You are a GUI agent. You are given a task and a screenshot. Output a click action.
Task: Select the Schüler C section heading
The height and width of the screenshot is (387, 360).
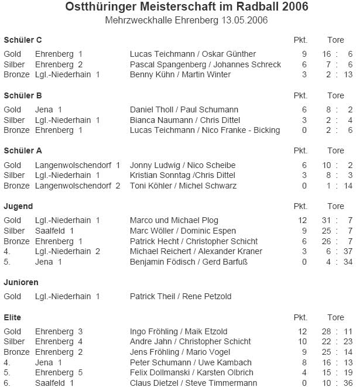[23, 40]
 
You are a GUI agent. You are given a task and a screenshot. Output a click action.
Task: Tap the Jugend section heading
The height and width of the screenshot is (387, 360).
[18, 206]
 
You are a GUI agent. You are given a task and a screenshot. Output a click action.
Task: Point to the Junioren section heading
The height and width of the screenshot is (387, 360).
[21, 282]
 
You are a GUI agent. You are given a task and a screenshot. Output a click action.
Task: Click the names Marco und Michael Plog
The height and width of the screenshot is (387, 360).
[174, 220]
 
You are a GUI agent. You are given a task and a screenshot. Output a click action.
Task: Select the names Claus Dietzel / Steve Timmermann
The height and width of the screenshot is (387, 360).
[193, 383]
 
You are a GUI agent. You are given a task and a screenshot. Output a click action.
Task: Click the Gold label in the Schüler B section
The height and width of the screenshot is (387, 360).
[12, 109]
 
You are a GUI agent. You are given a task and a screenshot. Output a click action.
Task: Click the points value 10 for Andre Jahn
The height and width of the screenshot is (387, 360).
[302, 341]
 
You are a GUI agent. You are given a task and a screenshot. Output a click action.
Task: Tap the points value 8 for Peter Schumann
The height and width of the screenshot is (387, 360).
[304, 362]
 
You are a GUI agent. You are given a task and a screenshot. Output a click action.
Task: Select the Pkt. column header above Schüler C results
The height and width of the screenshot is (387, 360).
[300, 40]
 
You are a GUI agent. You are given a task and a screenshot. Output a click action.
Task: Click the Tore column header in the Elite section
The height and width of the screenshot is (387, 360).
[335, 317]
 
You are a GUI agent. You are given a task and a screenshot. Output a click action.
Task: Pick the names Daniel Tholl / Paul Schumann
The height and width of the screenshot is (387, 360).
[184, 109]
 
